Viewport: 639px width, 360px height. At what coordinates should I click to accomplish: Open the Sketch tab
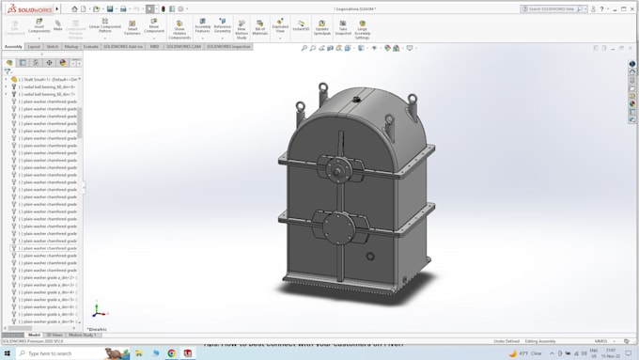pyautogui.click(x=53, y=46)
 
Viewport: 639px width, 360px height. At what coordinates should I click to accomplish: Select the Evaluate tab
pyautogui.click(x=92, y=46)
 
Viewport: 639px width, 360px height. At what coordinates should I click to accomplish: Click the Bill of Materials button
pyautogui.click(x=260, y=29)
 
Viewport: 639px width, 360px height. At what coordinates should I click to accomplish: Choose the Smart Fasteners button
pyautogui.click(x=132, y=29)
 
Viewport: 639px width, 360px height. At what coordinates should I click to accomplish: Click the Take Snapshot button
pyautogui.click(x=343, y=29)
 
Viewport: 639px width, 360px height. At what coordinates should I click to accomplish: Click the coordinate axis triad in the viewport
pyautogui.click(x=94, y=311)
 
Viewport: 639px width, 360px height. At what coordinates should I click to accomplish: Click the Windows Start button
pyautogui.click(x=7, y=353)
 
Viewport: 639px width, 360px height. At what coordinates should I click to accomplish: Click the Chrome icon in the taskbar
pyautogui.click(x=172, y=353)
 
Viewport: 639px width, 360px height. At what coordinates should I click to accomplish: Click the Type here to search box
pyautogui.click(x=56, y=353)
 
